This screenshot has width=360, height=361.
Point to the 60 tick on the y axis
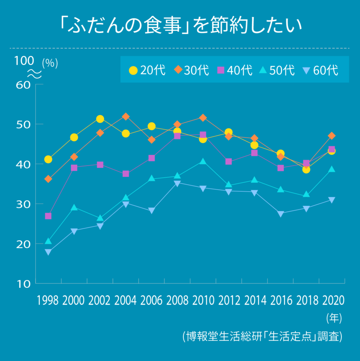(x=23, y=84)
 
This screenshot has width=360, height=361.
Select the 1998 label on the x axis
(x=48, y=301)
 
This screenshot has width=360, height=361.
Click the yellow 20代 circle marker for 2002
(x=100, y=119)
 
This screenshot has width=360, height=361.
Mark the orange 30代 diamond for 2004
(x=126, y=116)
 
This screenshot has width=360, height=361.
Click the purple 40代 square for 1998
(x=48, y=216)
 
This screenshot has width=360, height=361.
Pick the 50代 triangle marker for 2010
(x=203, y=161)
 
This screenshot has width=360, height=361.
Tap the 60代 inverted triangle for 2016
(x=280, y=214)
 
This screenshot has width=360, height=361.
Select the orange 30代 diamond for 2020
(x=332, y=136)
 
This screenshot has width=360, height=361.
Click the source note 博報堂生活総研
(x=262, y=337)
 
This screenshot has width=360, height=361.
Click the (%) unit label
(x=50, y=64)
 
